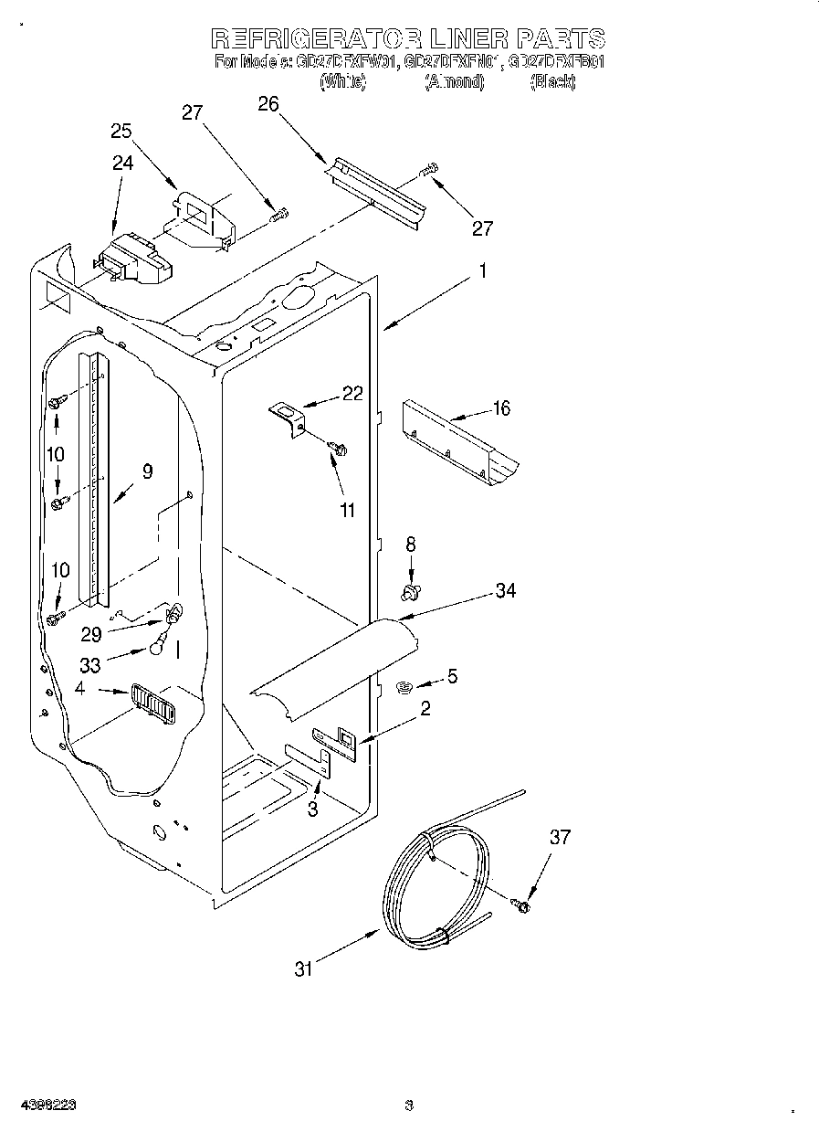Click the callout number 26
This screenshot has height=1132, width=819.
tap(268, 104)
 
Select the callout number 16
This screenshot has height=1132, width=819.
tap(501, 408)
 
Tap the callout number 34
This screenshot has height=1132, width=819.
tap(505, 591)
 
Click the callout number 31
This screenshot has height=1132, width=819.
tap(303, 969)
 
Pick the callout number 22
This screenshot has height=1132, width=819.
tap(352, 394)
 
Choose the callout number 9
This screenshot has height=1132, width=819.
tap(147, 472)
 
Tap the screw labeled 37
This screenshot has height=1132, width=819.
tap(521, 905)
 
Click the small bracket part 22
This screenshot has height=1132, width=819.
tap(289, 419)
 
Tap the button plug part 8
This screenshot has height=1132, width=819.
tap(411, 593)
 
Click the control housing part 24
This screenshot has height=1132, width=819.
tap(132, 259)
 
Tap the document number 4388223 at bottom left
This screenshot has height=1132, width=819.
tap(44, 1105)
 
